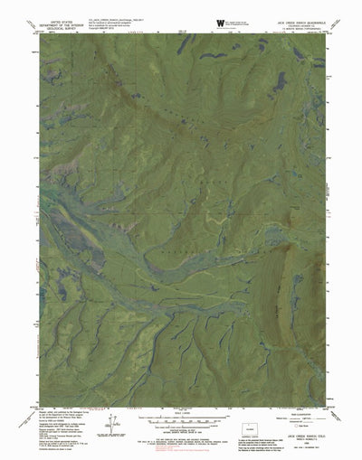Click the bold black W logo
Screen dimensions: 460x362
tap(221, 23)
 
